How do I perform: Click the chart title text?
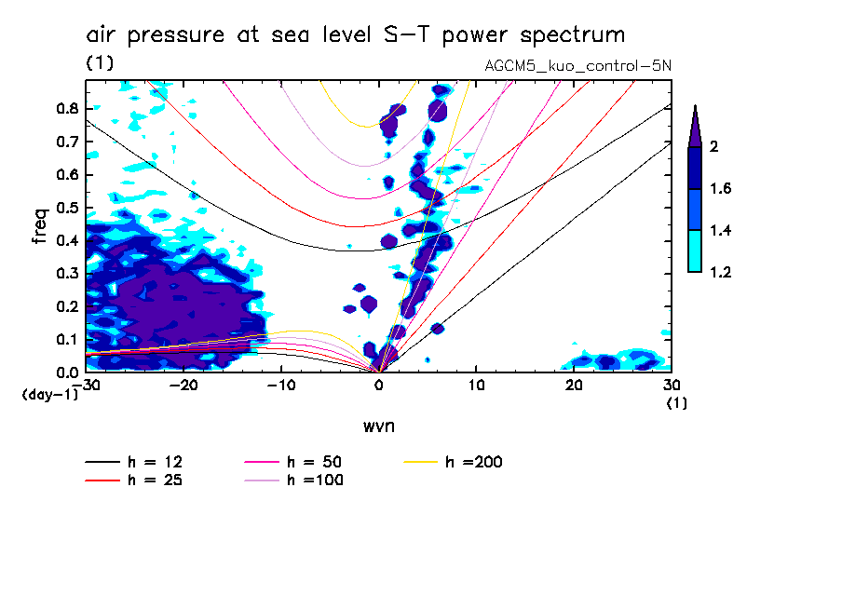click(355, 35)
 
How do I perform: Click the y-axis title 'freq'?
click(40, 225)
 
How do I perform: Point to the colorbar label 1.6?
click(720, 189)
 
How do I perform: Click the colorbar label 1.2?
click(720, 273)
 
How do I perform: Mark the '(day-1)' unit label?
click(50, 395)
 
